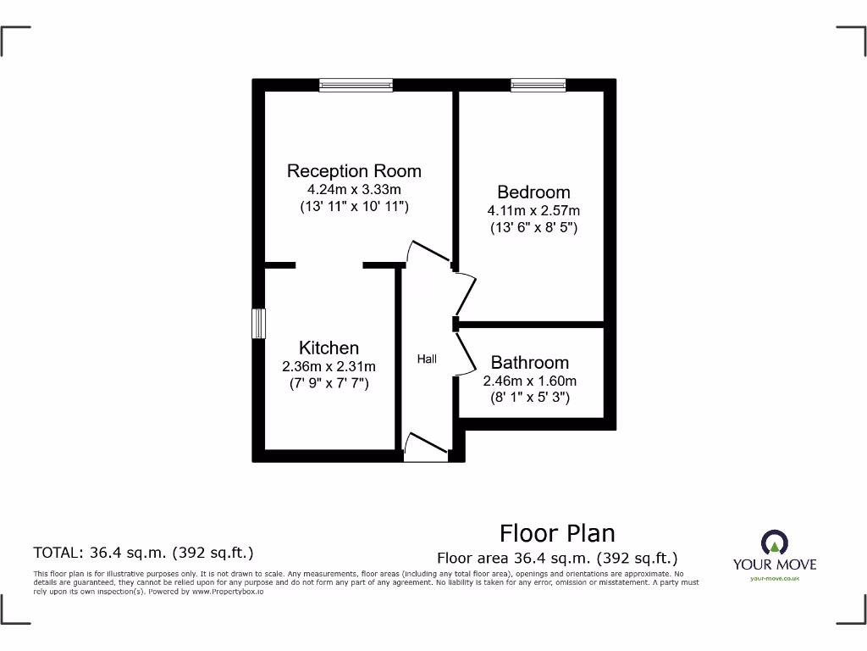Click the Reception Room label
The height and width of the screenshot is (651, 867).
pyautogui.click(x=354, y=170)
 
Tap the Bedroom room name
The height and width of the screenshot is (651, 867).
pyautogui.click(x=533, y=192)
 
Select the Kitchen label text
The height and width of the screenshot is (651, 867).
pyautogui.click(x=329, y=348)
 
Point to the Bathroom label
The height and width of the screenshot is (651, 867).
pyautogui.click(x=530, y=363)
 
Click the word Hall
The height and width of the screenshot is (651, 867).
pyautogui.click(x=427, y=359)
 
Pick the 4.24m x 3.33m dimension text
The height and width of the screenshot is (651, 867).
pyautogui.click(x=354, y=189)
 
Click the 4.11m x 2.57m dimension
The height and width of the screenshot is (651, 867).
pyautogui.click(x=533, y=210)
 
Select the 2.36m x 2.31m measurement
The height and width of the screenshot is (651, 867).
pyautogui.click(x=329, y=366)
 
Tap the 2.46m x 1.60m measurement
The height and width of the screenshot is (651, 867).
pyautogui.click(x=530, y=381)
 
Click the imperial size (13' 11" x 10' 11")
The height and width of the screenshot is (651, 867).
pyautogui.click(x=354, y=206)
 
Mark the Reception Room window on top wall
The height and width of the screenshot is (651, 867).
pyautogui.click(x=356, y=85)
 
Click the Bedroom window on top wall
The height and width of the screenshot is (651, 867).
pyautogui.click(x=538, y=85)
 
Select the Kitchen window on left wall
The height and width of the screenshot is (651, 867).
pyautogui.click(x=259, y=324)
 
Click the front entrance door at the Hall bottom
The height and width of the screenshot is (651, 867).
pyautogui.click(x=426, y=449)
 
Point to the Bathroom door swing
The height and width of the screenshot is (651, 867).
pyautogui.click(x=466, y=353)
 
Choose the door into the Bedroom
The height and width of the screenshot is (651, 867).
pyautogui.click(x=465, y=292)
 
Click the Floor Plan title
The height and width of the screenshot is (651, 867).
pyautogui.click(x=557, y=533)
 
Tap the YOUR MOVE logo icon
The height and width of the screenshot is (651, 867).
pyautogui.click(x=775, y=542)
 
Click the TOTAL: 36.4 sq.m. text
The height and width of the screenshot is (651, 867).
pyautogui.click(x=143, y=553)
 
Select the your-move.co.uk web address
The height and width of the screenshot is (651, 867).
pyautogui.click(x=775, y=578)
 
